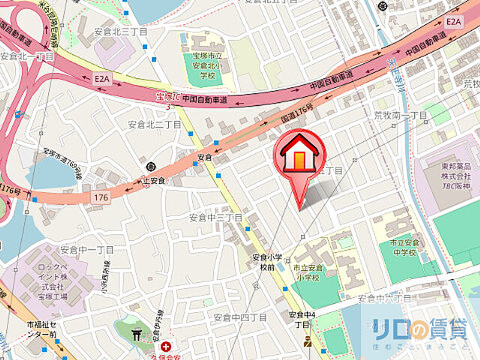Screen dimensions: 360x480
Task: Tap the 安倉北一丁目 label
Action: click(27, 56)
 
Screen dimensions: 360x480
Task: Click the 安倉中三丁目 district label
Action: click(214, 217)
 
